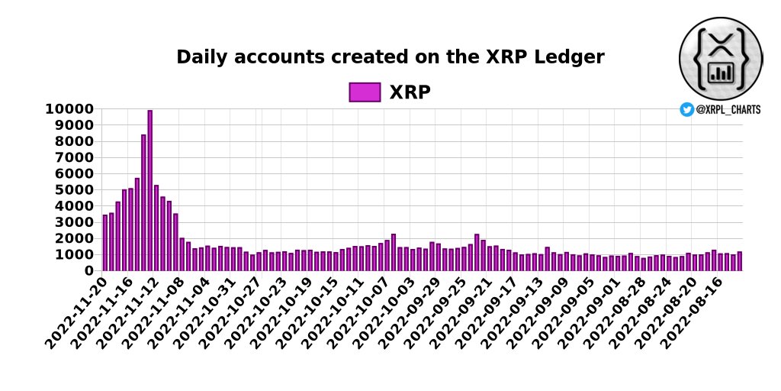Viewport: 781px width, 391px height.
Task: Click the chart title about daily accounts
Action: (390, 57)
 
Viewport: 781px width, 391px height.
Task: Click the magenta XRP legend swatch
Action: (365, 92)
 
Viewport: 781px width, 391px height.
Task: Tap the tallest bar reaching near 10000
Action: (150, 190)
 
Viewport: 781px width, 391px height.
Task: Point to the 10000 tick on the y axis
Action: (71, 109)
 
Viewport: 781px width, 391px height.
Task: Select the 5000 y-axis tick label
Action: (75, 190)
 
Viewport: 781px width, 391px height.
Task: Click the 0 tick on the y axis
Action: (90, 271)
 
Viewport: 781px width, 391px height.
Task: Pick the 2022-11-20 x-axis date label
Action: (77, 315)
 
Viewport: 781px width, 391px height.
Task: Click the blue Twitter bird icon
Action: (686, 110)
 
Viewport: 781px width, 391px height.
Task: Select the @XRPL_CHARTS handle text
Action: (728, 110)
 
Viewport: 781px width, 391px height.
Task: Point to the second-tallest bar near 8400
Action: (143, 202)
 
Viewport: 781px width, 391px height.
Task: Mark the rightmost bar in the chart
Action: (739, 261)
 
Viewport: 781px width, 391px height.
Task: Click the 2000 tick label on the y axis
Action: (75, 238)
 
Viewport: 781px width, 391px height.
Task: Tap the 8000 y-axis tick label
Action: (75, 141)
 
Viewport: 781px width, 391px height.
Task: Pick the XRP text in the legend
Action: (410, 92)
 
